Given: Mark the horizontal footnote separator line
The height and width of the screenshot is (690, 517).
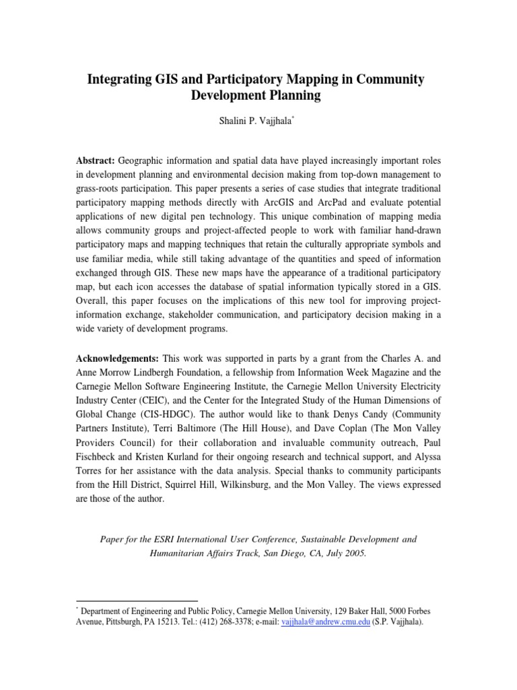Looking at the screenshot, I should pos(137,599).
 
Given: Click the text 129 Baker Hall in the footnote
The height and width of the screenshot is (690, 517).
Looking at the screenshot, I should pos(329,610).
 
